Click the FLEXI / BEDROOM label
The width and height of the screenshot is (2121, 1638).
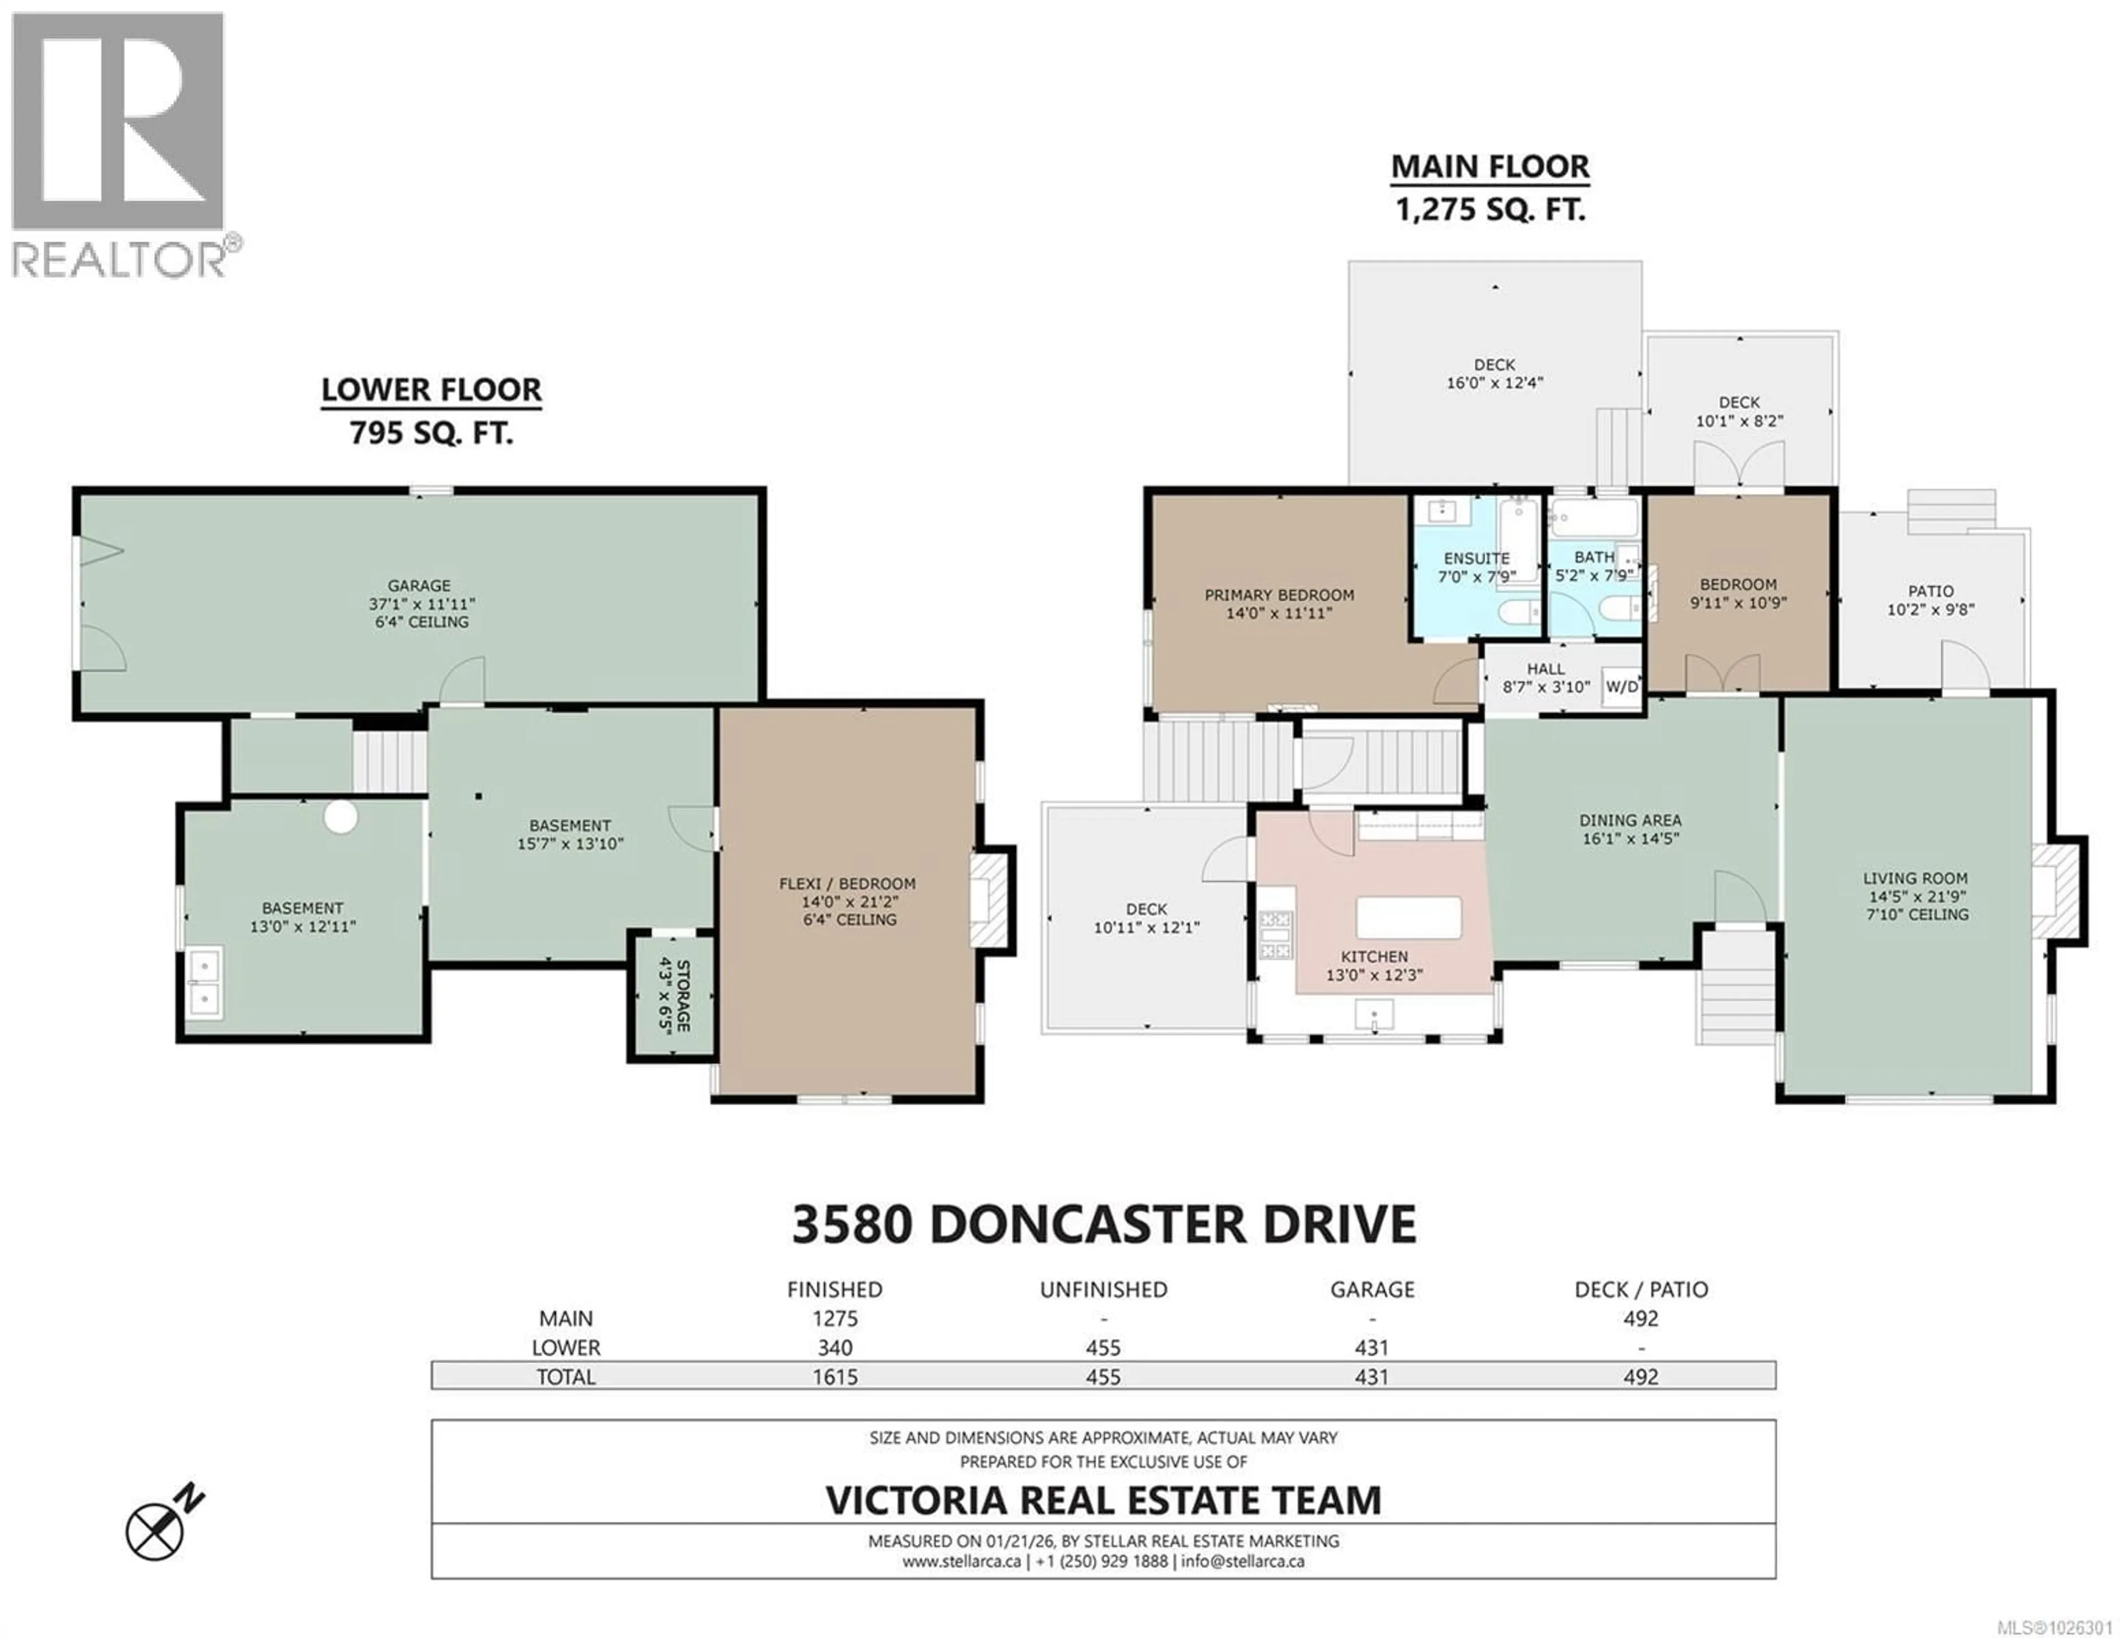[x=847, y=883]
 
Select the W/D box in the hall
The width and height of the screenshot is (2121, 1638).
[x=1621, y=686]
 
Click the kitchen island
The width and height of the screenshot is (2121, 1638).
[x=1408, y=918]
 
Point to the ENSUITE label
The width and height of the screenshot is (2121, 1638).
[x=1476, y=558]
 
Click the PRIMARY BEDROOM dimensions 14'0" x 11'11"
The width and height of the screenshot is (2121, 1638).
[x=1279, y=614]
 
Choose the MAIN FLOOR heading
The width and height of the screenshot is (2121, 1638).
[x=1490, y=167]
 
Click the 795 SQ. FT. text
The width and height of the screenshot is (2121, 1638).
[x=431, y=432]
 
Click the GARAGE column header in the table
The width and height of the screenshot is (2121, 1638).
[x=1371, y=1290]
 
